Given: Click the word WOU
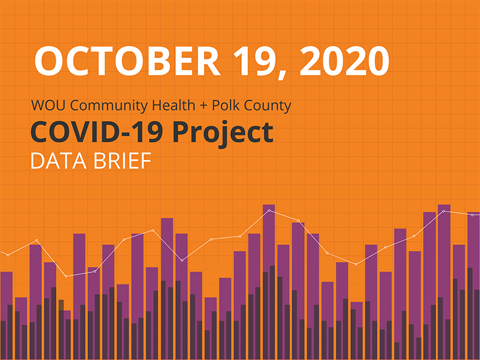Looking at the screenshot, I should [46, 106].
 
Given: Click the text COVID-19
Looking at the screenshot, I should [90, 133].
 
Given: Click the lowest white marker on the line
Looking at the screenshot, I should [66, 276].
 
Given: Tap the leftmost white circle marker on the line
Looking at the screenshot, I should [8, 255].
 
